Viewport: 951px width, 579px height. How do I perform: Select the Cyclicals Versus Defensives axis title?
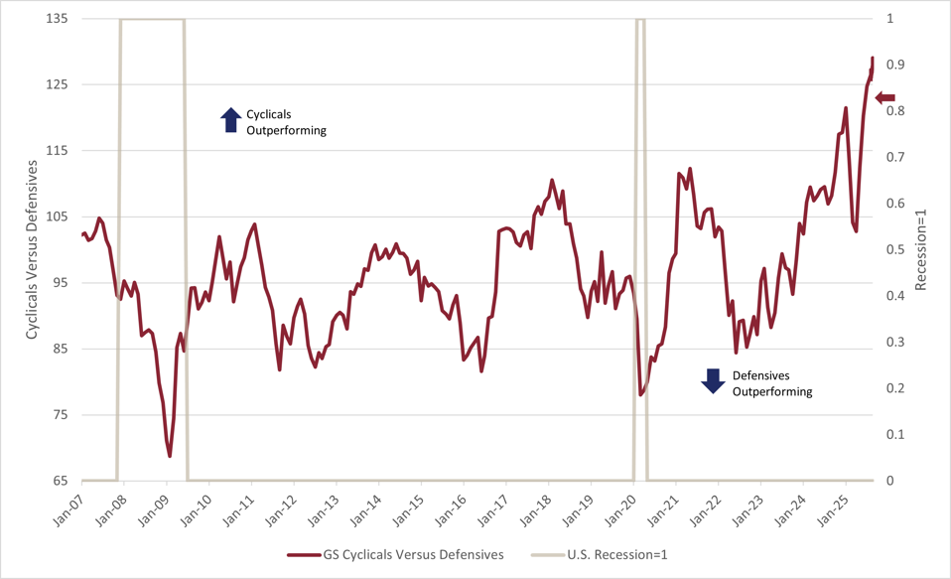coord(32,249)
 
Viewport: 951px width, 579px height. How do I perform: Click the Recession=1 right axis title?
coord(920,249)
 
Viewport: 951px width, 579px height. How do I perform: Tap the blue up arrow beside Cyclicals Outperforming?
coord(230,120)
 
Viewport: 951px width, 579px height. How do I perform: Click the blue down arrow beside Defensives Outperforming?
coord(713,380)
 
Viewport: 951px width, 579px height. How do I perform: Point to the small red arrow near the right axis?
coord(884,97)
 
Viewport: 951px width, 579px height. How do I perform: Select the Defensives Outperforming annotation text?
coord(771,383)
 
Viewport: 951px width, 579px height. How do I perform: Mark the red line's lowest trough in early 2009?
coord(170,456)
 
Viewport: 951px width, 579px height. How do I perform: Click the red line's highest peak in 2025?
coord(873,59)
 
